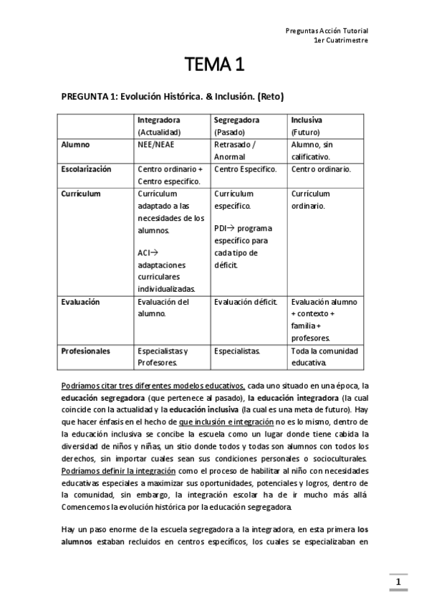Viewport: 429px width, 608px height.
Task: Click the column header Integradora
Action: [158, 119]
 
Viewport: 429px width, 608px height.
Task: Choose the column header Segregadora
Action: [236, 119]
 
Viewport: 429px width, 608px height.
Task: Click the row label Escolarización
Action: [86, 169]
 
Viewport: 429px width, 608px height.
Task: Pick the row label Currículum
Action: [80, 194]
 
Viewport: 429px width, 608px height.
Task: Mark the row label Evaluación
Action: [81, 302]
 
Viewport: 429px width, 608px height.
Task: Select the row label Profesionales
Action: [85, 351]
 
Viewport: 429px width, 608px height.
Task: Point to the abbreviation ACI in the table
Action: [144, 252]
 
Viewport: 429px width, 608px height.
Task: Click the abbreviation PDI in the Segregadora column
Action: [221, 228]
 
